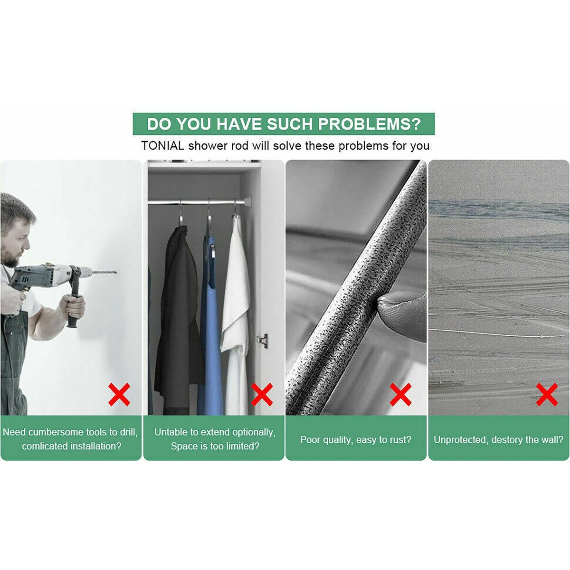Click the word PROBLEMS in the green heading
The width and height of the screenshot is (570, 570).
(369, 124)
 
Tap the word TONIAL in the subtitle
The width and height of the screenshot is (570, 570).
(162, 145)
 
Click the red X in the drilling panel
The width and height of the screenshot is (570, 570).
(119, 394)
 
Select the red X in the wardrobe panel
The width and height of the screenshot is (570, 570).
(262, 394)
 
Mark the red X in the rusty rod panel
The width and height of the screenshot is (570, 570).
(400, 394)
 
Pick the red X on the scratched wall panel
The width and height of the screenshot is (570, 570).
(547, 394)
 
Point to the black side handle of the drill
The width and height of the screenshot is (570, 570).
(74, 304)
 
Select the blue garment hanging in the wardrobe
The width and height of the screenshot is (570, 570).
(211, 332)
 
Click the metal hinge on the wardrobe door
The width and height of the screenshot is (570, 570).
(262, 340)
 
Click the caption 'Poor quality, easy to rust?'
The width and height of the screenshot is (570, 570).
(356, 440)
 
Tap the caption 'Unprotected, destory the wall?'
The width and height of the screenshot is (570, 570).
(498, 440)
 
